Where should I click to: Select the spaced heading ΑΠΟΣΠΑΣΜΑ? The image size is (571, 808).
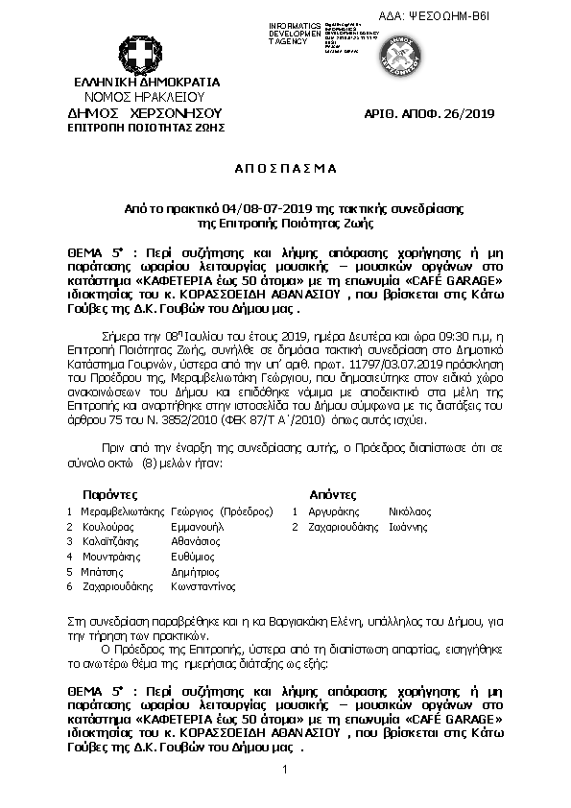[x=286, y=167]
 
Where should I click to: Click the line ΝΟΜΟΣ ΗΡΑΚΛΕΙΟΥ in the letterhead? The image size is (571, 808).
[x=139, y=97]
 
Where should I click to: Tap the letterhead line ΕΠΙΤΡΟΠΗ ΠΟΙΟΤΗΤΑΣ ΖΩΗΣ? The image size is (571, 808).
[x=139, y=126]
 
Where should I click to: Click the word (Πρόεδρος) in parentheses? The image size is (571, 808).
[x=247, y=512]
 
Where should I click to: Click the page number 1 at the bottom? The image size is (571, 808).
[x=286, y=770]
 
